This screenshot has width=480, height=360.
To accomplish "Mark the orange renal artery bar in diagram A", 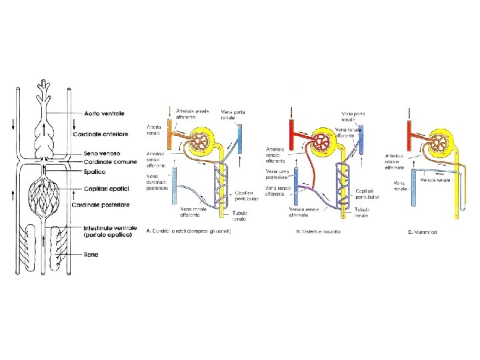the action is (171, 133).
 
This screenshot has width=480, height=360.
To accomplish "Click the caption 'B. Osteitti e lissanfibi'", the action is (319, 232).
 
